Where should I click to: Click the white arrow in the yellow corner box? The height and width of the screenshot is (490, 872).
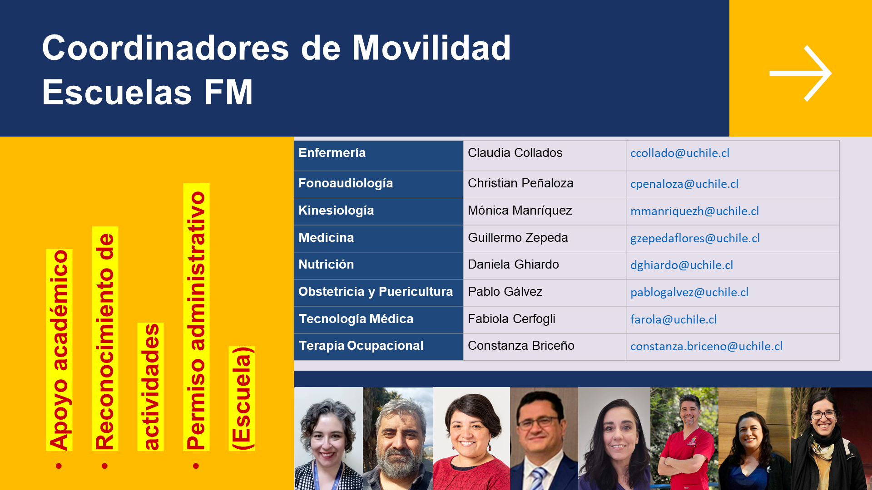[801, 73]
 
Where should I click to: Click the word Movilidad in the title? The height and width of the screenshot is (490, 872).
[431, 48]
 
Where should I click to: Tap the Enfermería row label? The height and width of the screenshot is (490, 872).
[332, 153]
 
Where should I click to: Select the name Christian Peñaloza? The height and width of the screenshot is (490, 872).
[520, 183]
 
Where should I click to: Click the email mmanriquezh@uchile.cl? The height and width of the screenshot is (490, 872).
[694, 211]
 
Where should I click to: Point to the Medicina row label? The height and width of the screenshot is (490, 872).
[326, 238]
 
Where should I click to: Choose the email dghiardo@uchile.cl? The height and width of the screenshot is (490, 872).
[682, 265]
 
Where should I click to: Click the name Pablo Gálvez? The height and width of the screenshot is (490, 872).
[505, 292]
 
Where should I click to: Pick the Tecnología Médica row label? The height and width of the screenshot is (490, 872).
[356, 319]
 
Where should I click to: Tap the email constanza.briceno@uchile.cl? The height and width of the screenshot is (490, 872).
[706, 346]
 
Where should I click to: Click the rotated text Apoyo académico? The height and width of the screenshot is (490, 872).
[59, 350]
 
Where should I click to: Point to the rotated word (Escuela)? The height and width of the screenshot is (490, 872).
[242, 398]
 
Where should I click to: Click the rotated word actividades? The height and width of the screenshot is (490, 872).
[150, 387]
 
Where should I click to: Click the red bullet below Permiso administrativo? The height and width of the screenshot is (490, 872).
[196, 466]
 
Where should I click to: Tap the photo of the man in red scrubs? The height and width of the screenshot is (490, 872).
[684, 438]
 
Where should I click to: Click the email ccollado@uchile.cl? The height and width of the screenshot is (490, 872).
[680, 153]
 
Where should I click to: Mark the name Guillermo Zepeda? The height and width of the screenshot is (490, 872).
[518, 238]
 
